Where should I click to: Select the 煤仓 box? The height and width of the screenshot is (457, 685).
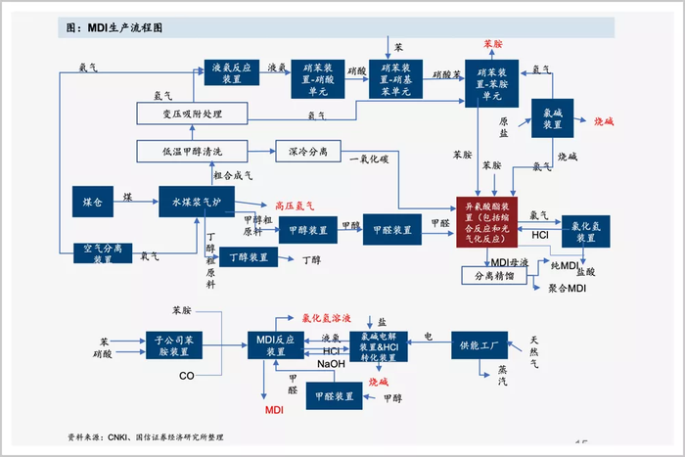tap(93, 202)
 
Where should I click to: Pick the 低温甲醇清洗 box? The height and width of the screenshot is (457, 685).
tap(193, 152)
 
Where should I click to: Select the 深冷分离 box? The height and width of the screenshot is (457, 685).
tap(308, 152)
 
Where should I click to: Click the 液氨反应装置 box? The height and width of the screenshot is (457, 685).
tap(233, 75)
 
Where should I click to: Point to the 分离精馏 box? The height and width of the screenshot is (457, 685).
tap(494, 276)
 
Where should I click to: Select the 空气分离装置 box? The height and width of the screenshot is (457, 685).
tap(104, 253)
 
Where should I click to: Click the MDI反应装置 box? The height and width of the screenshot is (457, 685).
tap(276, 344)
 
